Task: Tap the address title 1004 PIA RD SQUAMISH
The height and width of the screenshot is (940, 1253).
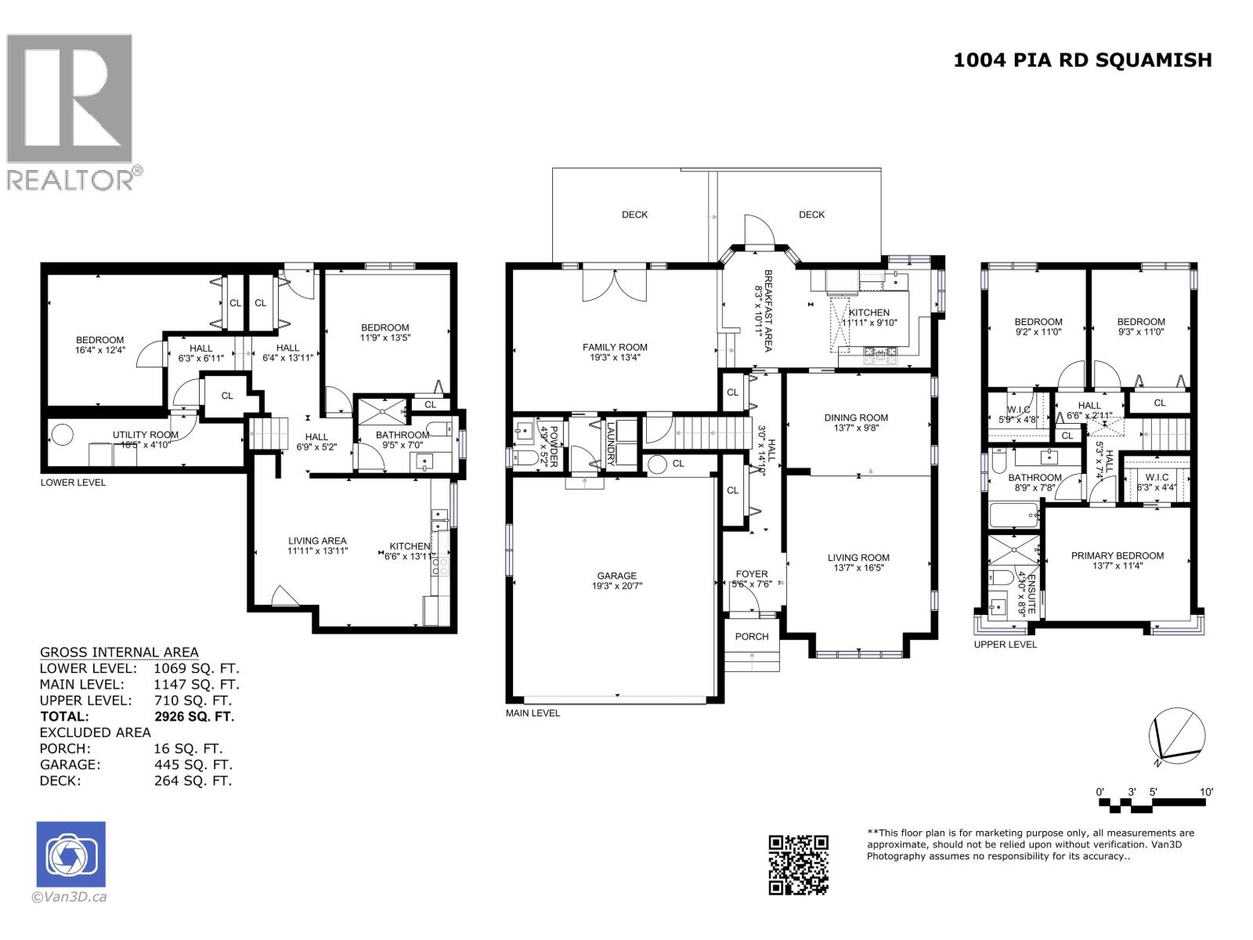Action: [1082, 60]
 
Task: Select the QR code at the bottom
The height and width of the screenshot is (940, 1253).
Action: [798, 864]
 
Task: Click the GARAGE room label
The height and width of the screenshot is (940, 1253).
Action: [616, 576]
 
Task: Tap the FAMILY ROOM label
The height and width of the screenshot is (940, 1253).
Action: [615, 347]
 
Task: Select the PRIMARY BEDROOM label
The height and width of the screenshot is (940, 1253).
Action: [1117, 555]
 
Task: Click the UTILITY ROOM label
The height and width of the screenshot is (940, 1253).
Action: [145, 435]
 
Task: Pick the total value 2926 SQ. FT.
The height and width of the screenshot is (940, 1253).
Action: [194, 716]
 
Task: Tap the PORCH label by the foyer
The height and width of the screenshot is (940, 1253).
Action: [752, 636]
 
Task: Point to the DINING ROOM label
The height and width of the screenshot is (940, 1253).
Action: [856, 418]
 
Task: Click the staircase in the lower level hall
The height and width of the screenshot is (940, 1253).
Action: [264, 433]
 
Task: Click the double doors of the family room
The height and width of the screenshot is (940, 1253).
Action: [616, 284]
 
